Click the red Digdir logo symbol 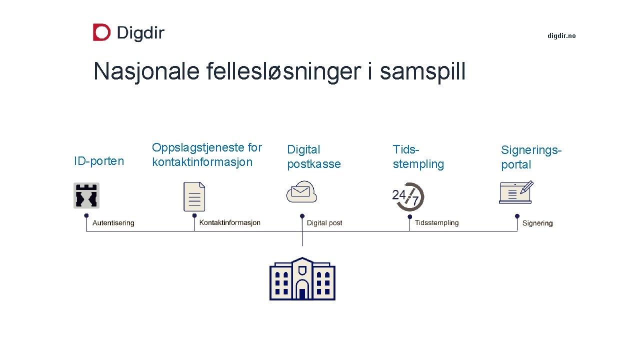pyautogui.click(x=101, y=32)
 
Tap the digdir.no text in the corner pyautogui.click(x=561, y=36)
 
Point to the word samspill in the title pyautogui.click(x=422, y=71)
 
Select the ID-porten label pyautogui.click(x=98, y=161)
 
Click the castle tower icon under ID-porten pyautogui.click(x=86, y=195)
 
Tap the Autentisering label pyautogui.click(x=113, y=223)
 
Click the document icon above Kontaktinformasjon pyautogui.click(x=194, y=196)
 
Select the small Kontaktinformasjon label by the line pyautogui.click(x=230, y=222)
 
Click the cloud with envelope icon pyautogui.click(x=302, y=192)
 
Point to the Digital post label pyautogui.click(x=324, y=223)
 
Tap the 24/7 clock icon pyautogui.click(x=408, y=196)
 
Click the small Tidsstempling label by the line pyautogui.click(x=436, y=222)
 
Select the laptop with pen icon pyautogui.click(x=516, y=192)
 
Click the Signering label pyautogui.click(x=537, y=223)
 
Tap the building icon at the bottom pyautogui.click(x=302, y=278)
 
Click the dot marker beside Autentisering pyautogui.click(x=86, y=216)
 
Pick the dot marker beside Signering pyautogui.click(x=517, y=216)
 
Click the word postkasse pyautogui.click(x=314, y=164)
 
